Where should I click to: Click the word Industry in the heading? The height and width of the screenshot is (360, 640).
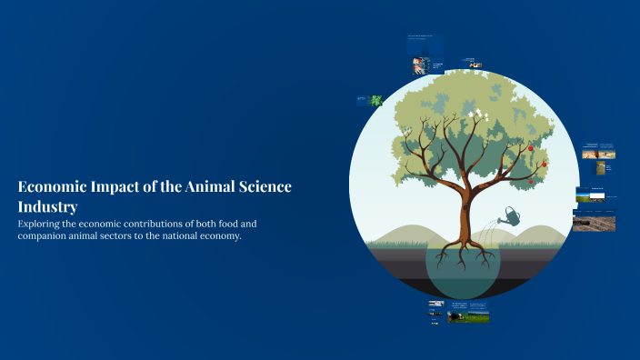[47, 207]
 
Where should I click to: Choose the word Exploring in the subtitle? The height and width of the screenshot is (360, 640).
[42, 223]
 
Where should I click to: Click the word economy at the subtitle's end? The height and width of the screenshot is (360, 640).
[221, 236]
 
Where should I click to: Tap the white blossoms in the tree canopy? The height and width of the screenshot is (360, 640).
[475, 115]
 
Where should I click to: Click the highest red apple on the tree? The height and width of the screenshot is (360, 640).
[531, 147]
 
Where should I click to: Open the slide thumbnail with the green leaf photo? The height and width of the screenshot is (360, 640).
[369, 100]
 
